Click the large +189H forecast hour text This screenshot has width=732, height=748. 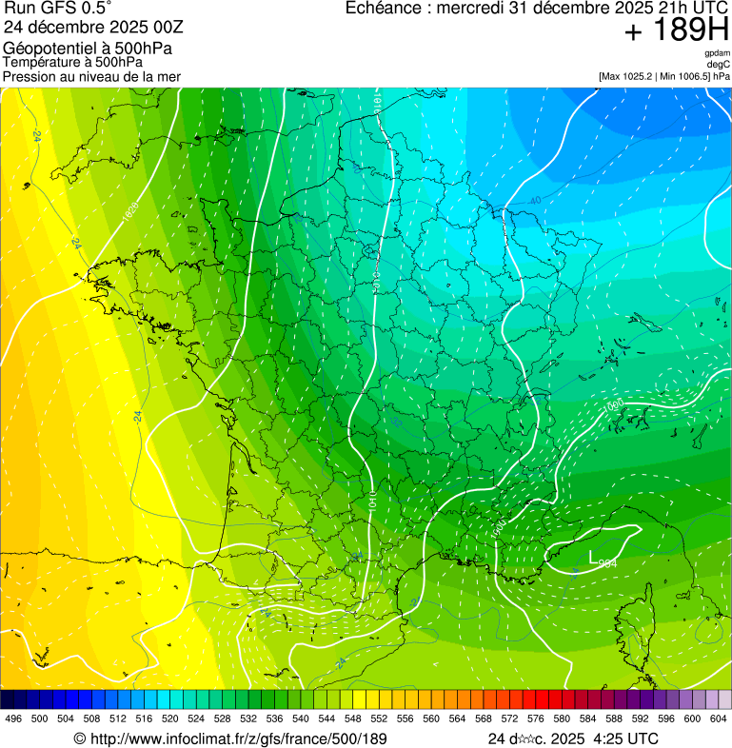click(x=676, y=31)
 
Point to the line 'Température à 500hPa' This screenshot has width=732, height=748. click(x=72, y=62)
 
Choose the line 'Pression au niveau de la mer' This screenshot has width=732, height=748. click(x=91, y=76)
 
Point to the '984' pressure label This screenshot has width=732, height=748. click(x=609, y=563)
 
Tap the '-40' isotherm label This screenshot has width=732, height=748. click(x=534, y=201)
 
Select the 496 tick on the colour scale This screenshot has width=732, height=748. click(x=13, y=719)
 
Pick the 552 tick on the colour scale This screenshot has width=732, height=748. click(x=379, y=719)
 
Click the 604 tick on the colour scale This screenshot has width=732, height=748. click(x=719, y=719)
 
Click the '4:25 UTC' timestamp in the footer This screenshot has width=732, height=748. click(x=624, y=738)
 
